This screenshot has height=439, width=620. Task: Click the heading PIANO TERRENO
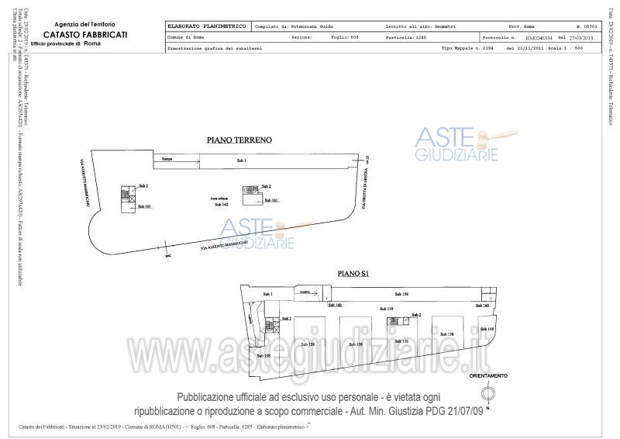tap(238, 140)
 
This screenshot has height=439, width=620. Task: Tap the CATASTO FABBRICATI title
tap(85, 36)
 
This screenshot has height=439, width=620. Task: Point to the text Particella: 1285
tap(406, 36)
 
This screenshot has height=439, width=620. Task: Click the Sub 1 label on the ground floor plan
tap(241, 160)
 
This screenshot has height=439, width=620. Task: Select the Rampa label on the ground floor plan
tap(167, 160)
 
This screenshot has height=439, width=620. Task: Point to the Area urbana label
tap(221, 199)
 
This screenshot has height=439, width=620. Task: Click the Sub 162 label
tap(222, 205)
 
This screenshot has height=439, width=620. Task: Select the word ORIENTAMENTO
tap(488, 375)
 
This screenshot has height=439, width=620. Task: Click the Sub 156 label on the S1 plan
tap(401, 341)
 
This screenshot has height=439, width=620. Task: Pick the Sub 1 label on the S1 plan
tap(268, 294)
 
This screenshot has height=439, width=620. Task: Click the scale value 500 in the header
tap(593, 47)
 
